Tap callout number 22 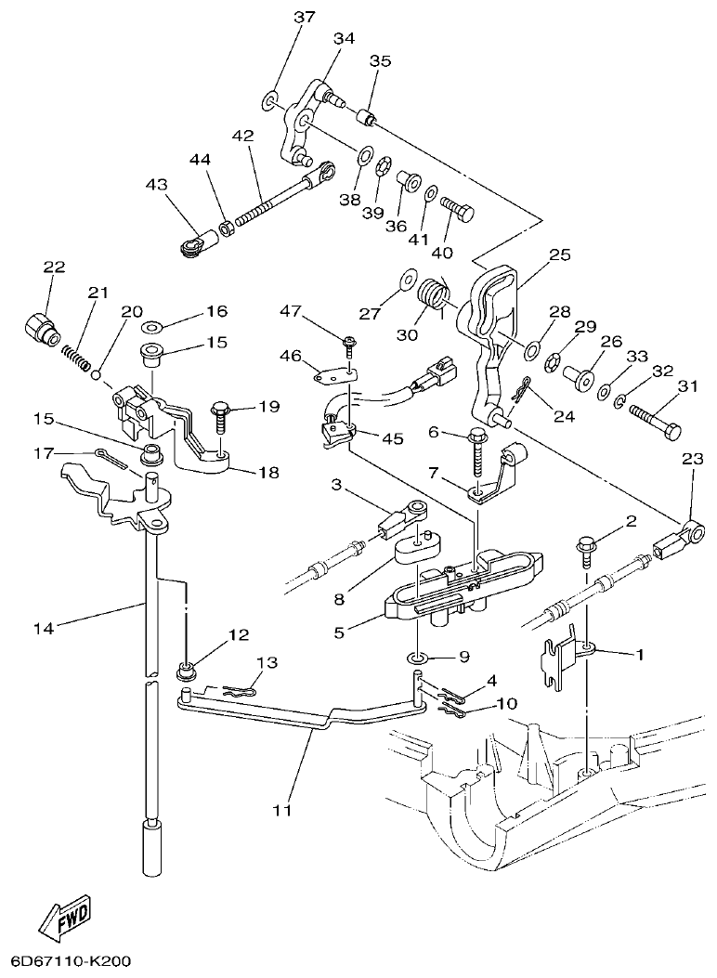pos(54,267)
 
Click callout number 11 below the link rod pos(282,810)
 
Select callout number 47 pos(317,311)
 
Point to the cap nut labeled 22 pos(39,327)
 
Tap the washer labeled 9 pos(417,659)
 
